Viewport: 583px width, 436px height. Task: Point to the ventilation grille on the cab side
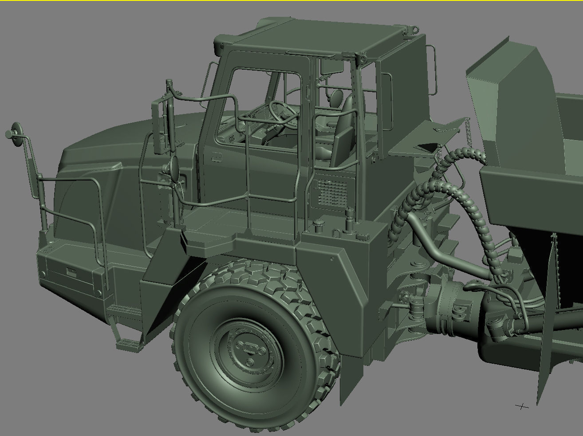click(333, 193)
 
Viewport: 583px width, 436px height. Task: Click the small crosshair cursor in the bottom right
click(522, 406)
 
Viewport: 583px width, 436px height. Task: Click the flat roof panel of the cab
click(311, 38)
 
